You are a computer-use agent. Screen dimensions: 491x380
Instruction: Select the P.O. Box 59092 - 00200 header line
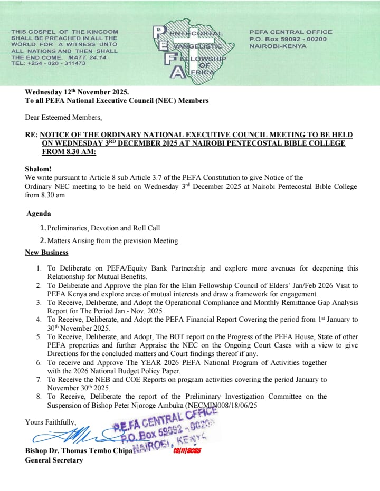click(288, 38)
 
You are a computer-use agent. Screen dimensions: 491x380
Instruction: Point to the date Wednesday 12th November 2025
click(77, 92)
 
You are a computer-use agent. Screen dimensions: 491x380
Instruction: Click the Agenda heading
click(39, 214)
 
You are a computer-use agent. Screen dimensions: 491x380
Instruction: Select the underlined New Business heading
click(46, 253)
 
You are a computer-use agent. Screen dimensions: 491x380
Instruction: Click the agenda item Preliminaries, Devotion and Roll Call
click(103, 228)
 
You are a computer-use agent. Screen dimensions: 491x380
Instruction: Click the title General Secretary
click(54, 460)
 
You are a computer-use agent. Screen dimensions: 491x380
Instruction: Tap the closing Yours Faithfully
click(50, 422)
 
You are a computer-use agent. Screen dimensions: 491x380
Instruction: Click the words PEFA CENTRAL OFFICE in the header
click(290, 32)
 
